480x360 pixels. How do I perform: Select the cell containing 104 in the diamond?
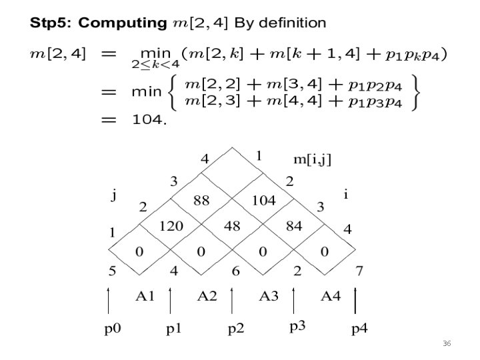pos(263,200)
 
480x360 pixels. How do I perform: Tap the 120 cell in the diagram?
pos(171,226)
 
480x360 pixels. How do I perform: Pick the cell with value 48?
pos(232,226)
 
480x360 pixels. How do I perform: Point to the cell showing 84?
pos(293,226)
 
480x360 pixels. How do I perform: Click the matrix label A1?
pos(145,296)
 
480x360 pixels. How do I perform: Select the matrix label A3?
pos(269,296)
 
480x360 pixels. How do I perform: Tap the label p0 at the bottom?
pos(113,329)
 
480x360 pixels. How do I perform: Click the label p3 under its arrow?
pos(298,327)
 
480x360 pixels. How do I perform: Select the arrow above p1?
pos(171,299)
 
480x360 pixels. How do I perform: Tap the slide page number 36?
pos(447,343)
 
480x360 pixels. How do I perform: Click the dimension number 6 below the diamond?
pos(235,272)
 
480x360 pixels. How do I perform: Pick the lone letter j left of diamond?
pos(114,195)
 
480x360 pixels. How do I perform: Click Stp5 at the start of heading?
pos(51,24)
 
